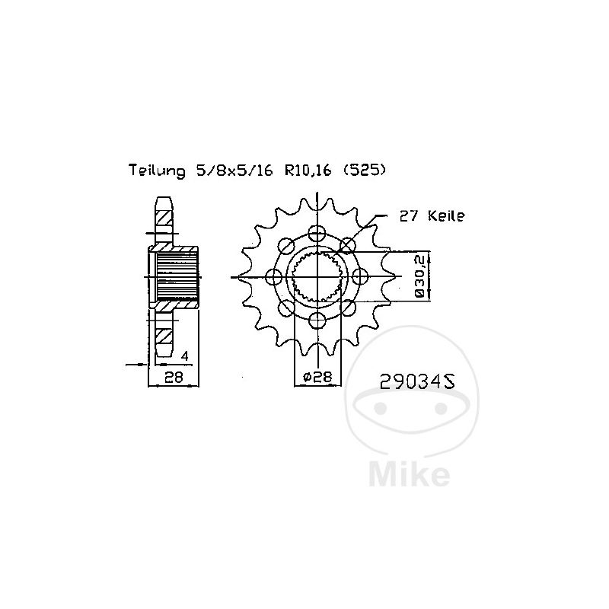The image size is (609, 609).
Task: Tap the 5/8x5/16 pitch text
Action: tap(234, 171)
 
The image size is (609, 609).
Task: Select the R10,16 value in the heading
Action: tap(308, 171)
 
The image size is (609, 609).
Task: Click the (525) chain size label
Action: tap(365, 170)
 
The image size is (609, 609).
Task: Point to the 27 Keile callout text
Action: tap(432, 216)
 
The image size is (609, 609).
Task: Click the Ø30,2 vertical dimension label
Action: tap(420, 276)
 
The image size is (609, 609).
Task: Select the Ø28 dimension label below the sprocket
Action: tap(317, 376)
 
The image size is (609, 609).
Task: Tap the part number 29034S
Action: tap(417, 381)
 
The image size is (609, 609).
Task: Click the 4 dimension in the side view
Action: tap(185, 356)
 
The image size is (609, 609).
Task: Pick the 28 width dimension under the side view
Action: tap(174, 377)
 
